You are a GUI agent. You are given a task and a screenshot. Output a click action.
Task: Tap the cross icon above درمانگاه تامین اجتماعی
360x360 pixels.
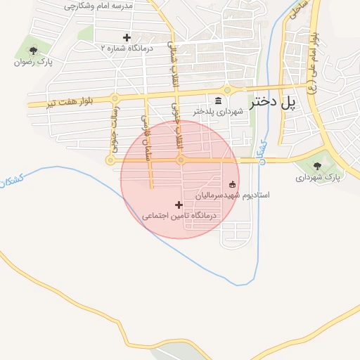179,205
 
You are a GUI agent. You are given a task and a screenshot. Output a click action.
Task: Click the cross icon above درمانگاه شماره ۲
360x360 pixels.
127,37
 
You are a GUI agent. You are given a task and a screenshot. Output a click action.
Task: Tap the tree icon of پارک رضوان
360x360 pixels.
34,50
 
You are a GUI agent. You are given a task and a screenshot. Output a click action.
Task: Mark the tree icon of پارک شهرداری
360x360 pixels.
317,166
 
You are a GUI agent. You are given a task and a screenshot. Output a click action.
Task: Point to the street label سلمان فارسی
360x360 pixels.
148,137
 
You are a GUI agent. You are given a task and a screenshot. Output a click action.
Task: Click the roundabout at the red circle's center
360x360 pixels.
181,160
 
